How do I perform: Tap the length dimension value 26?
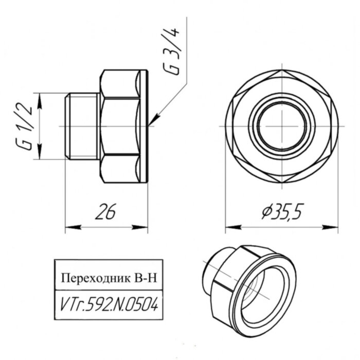click(x=106, y=211)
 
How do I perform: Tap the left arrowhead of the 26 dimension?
click(x=70, y=226)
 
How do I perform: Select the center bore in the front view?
click(x=282, y=126)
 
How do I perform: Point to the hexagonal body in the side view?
click(x=121, y=126)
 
